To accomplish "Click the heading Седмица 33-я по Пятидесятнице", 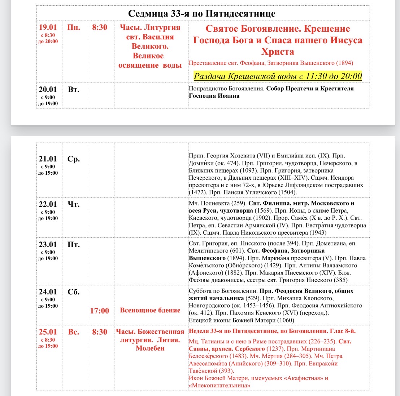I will (202, 14).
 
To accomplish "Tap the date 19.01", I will (48, 27).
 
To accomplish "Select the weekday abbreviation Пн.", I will (74, 27).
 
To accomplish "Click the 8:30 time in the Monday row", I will (100, 27).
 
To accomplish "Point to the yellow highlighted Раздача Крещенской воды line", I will (278, 76).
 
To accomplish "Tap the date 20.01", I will (48, 89).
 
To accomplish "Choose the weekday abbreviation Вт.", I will (74, 89).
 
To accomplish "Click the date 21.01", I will (48, 159).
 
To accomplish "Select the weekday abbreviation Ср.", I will (74, 159).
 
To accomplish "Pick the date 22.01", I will (48, 204).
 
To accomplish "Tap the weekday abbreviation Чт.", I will (74, 204).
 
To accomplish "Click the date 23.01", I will (48, 245).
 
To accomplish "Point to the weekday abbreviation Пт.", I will (74, 245).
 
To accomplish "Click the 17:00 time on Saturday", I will (100, 311).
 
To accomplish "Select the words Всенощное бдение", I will (150, 310).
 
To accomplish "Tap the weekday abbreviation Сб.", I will (74, 292).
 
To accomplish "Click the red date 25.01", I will (48, 332).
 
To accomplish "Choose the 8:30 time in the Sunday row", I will (100, 332).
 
